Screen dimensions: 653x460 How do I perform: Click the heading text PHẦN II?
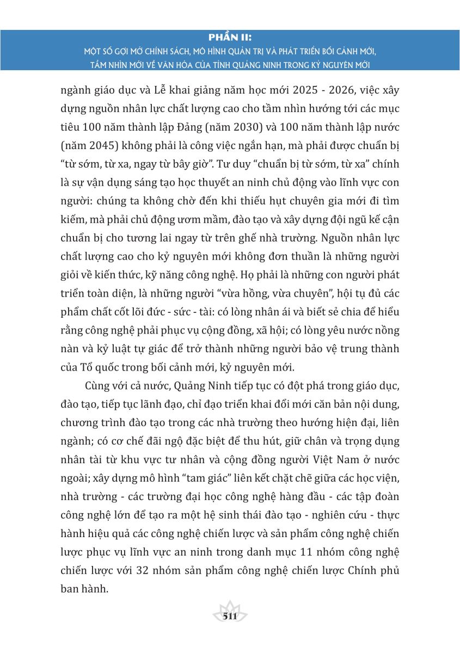[x=230, y=39]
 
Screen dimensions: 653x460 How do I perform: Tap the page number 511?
[x=230, y=617]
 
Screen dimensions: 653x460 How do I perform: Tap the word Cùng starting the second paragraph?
[x=98, y=386]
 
